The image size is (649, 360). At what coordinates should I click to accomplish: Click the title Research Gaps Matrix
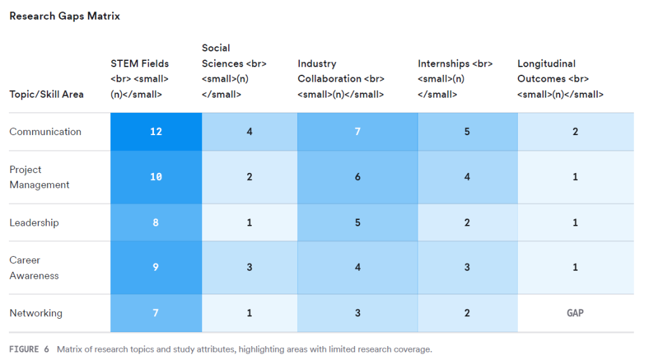tap(65, 16)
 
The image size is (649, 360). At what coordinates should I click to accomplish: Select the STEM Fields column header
tap(140, 79)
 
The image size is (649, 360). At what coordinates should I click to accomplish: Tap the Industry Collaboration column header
tap(341, 79)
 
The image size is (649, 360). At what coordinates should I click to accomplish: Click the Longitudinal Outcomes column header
tap(560, 79)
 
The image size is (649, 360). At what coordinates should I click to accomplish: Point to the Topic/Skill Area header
tap(46, 94)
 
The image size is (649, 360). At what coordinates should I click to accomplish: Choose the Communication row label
tap(46, 132)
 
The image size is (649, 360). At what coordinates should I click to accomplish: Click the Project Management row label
tap(39, 177)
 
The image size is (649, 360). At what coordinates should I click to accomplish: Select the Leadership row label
tap(34, 222)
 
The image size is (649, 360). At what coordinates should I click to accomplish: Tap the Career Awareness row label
tap(34, 267)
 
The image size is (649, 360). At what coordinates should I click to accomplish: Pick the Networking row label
tap(36, 313)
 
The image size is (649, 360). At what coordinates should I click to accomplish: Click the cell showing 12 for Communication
tap(156, 132)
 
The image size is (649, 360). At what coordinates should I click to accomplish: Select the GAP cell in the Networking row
tap(575, 313)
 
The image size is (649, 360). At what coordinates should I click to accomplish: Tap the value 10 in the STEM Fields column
tap(156, 177)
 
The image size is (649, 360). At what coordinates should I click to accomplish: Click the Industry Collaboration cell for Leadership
tap(357, 222)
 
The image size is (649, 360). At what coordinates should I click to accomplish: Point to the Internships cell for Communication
tap(467, 132)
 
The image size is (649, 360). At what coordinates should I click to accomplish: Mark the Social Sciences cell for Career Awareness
tap(249, 267)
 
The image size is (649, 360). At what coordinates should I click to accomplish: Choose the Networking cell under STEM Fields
tap(156, 313)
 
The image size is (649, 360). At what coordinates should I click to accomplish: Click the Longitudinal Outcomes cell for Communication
tap(575, 132)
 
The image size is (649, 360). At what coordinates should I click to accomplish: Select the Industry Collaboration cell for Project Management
tap(357, 177)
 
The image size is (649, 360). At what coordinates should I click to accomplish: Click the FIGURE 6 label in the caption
tap(29, 349)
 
